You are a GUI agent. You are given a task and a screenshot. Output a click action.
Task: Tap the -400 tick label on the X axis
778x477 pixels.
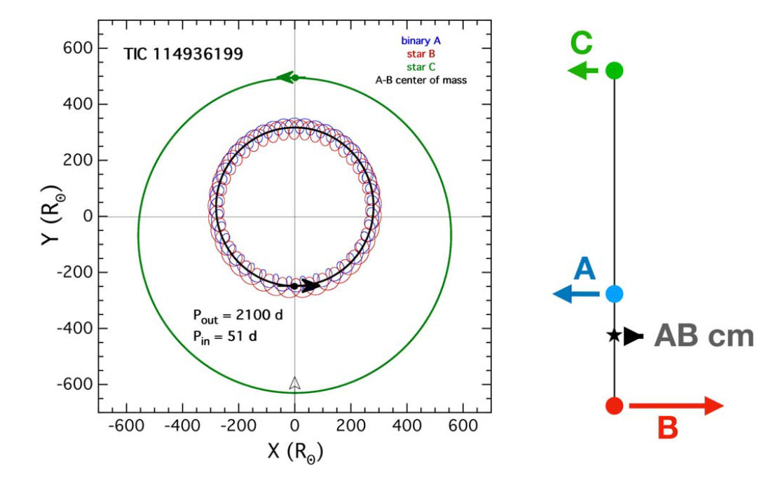[182, 426]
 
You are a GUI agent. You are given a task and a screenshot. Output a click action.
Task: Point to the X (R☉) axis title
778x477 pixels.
[294, 452]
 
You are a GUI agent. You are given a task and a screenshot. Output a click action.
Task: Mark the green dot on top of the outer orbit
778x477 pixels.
[295, 78]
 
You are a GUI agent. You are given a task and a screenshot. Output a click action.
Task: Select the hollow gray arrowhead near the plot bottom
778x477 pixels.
[295, 383]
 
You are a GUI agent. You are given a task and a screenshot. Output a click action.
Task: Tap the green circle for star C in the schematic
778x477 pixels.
[614, 70]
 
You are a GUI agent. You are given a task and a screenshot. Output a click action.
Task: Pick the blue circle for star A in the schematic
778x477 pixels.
[614, 295]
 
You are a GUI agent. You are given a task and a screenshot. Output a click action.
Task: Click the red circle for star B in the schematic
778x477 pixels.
[614, 406]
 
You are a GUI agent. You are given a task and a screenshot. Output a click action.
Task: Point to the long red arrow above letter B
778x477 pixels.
[676, 406]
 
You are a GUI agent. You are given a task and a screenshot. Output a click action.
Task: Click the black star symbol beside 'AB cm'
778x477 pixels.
[614, 336]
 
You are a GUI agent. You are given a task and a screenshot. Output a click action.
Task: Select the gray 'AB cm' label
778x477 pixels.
[704, 337]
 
